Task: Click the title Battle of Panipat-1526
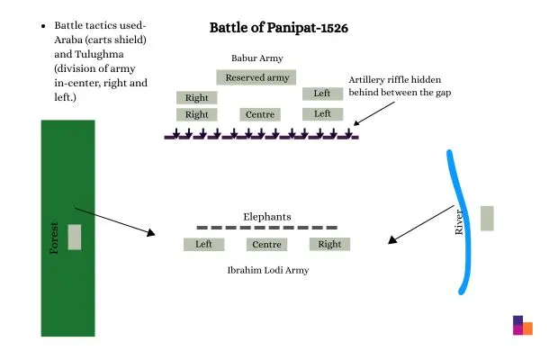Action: point(278,28)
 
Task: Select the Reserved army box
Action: point(257,77)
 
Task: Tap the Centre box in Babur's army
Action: point(260,114)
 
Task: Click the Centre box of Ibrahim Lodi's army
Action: point(266,244)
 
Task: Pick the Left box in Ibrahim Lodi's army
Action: point(203,244)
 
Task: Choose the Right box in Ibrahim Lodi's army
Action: point(329,244)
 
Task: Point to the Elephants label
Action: point(267,217)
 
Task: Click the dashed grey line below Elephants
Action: point(267,228)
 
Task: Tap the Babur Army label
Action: point(257,58)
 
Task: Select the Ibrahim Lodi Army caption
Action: point(268,270)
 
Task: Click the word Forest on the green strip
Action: point(54,238)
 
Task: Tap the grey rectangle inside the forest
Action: point(75,238)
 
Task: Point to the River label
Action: point(459,222)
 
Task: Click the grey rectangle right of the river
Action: point(487,219)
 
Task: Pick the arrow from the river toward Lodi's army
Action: point(418,225)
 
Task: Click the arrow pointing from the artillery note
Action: point(376,112)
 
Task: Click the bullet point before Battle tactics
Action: point(44,28)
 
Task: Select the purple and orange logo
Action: point(522,326)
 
